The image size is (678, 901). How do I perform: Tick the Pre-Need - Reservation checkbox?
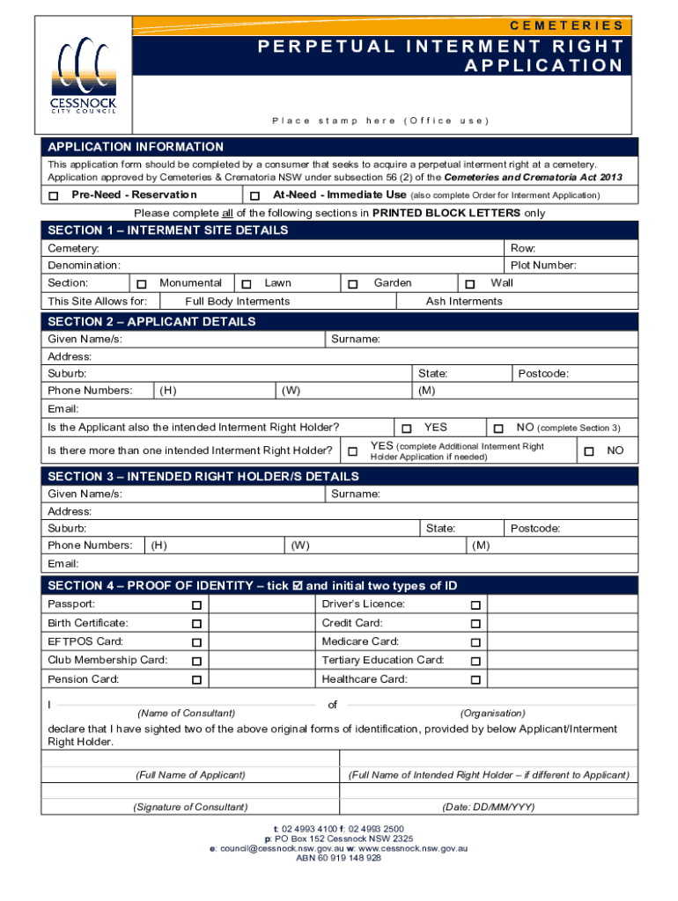click(x=54, y=195)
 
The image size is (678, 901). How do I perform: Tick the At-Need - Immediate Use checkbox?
click(x=254, y=195)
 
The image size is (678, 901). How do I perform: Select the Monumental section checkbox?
click(x=141, y=284)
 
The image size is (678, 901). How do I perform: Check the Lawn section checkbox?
click(x=247, y=284)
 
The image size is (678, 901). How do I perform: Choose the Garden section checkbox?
click(x=352, y=284)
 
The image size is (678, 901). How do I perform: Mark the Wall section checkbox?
click(x=470, y=284)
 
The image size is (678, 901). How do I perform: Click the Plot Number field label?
click(x=543, y=265)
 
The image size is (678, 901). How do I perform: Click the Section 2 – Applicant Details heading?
click(x=151, y=321)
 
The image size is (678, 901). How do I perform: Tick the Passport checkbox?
click(x=196, y=605)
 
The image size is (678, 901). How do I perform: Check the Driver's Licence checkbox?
click(x=475, y=605)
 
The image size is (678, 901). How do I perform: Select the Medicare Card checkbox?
click(x=475, y=643)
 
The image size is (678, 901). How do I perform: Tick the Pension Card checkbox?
click(x=196, y=681)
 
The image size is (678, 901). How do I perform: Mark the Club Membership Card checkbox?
click(x=196, y=662)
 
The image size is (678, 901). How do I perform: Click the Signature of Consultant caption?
click(x=190, y=807)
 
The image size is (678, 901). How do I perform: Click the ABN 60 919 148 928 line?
click(x=338, y=858)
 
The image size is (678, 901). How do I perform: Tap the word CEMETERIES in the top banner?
click(x=568, y=26)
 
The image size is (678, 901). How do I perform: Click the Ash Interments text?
click(x=464, y=302)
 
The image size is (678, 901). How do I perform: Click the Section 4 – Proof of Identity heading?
click(x=252, y=586)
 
